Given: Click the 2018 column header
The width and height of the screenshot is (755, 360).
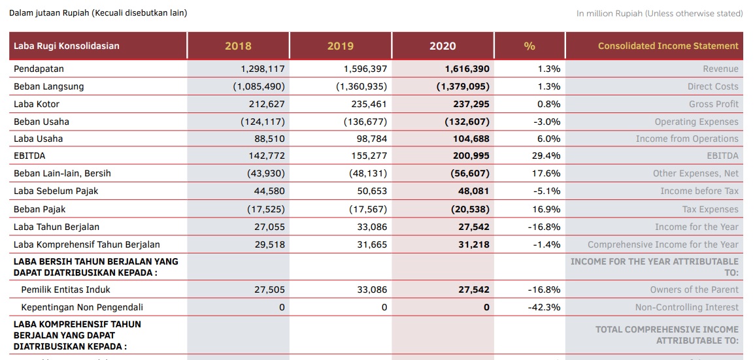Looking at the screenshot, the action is (238, 46).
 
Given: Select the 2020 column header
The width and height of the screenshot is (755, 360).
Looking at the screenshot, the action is (443, 46).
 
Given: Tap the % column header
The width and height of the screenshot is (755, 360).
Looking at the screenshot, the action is (529, 46).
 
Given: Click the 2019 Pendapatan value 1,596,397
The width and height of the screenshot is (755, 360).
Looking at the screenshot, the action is (365, 69).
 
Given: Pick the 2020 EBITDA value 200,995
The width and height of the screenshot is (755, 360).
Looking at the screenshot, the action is (471, 156).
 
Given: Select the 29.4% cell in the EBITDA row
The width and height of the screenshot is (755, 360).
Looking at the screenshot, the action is (546, 156).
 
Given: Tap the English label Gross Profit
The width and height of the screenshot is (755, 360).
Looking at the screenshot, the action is (714, 105).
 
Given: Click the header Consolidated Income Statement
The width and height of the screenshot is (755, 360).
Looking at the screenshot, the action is (668, 46).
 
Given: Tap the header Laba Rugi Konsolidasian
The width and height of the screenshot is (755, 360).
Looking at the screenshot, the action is (67, 46).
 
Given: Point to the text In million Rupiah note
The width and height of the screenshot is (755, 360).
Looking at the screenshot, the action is (660, 14).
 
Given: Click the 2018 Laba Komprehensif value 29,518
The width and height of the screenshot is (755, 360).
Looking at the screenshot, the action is (269, 244).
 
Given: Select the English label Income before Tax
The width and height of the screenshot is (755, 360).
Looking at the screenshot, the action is (699, 191).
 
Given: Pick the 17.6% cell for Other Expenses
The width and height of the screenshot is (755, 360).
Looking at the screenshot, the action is (546, 173).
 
